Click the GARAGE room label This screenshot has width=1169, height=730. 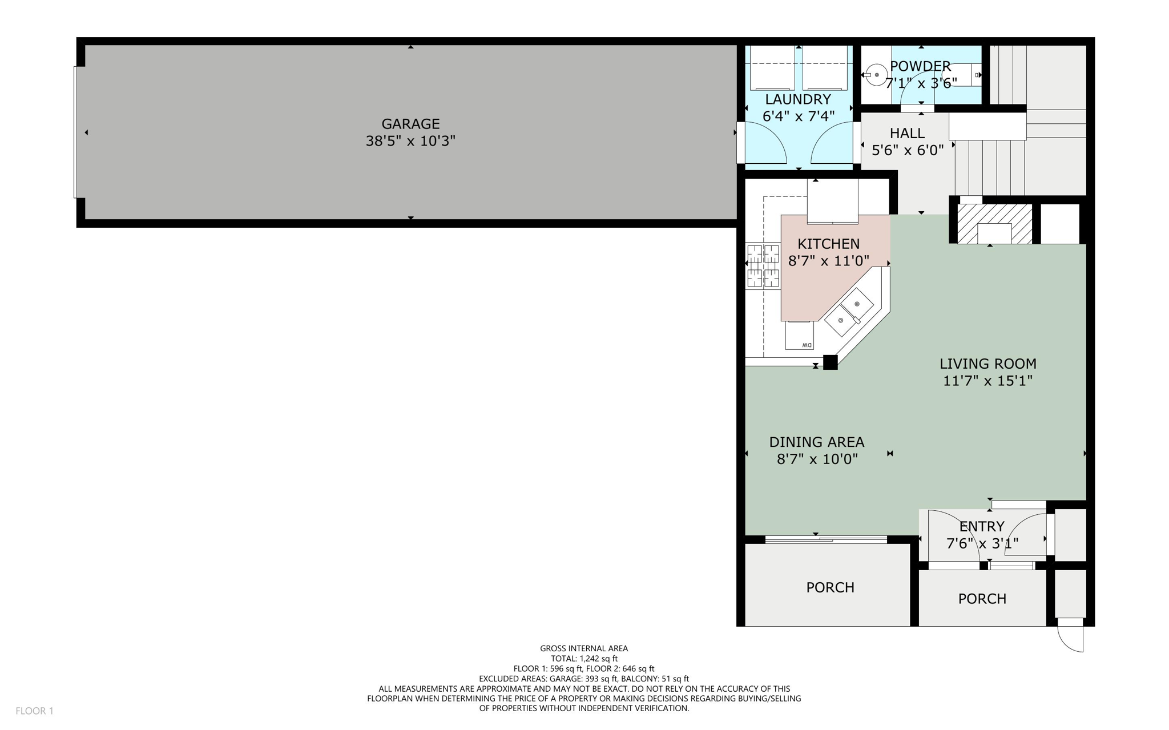click(x=410, y=124)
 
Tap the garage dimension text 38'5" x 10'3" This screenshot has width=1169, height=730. click(x=410, y=141)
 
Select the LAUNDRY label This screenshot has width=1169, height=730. click(x=798, y=99)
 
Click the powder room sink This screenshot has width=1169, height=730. click(x=876, y=75)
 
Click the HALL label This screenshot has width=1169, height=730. click(x=907, y=134)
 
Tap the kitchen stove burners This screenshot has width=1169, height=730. click(x=763, y=265)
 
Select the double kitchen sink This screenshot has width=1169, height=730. click(x=849, y=312)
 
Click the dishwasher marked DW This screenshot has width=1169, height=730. click(x=800, y=336)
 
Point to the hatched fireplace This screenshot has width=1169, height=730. click(x=994, y=224)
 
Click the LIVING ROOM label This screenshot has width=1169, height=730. click(x=987, y=364)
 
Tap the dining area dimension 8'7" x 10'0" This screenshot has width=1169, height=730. click(x=817, y=459)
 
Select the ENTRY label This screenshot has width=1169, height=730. click(x=981, y=526)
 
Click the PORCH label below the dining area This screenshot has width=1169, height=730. click(x=830, y=587)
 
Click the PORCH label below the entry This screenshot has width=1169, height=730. click(x=982, y=599)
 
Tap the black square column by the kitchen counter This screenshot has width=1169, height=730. click(x=830, y=362)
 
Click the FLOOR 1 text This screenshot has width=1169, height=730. click(x=34, y=711)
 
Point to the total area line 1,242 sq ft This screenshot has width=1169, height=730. click(x=584, y=659)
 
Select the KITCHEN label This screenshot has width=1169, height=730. click(x=828, y=244)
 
